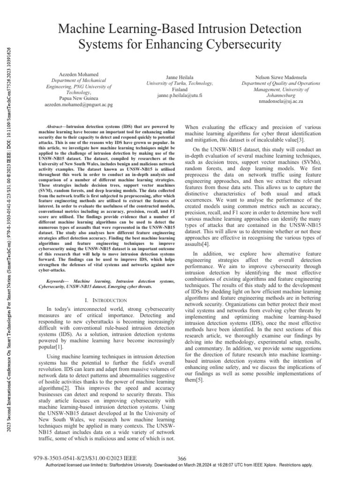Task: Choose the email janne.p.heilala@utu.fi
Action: click(x=180, y=95)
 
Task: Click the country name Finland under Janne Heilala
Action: click(x=180, y=89)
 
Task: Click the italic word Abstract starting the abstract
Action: click(x=57, y=127)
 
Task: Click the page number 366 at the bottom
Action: click(x=183, y=458)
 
